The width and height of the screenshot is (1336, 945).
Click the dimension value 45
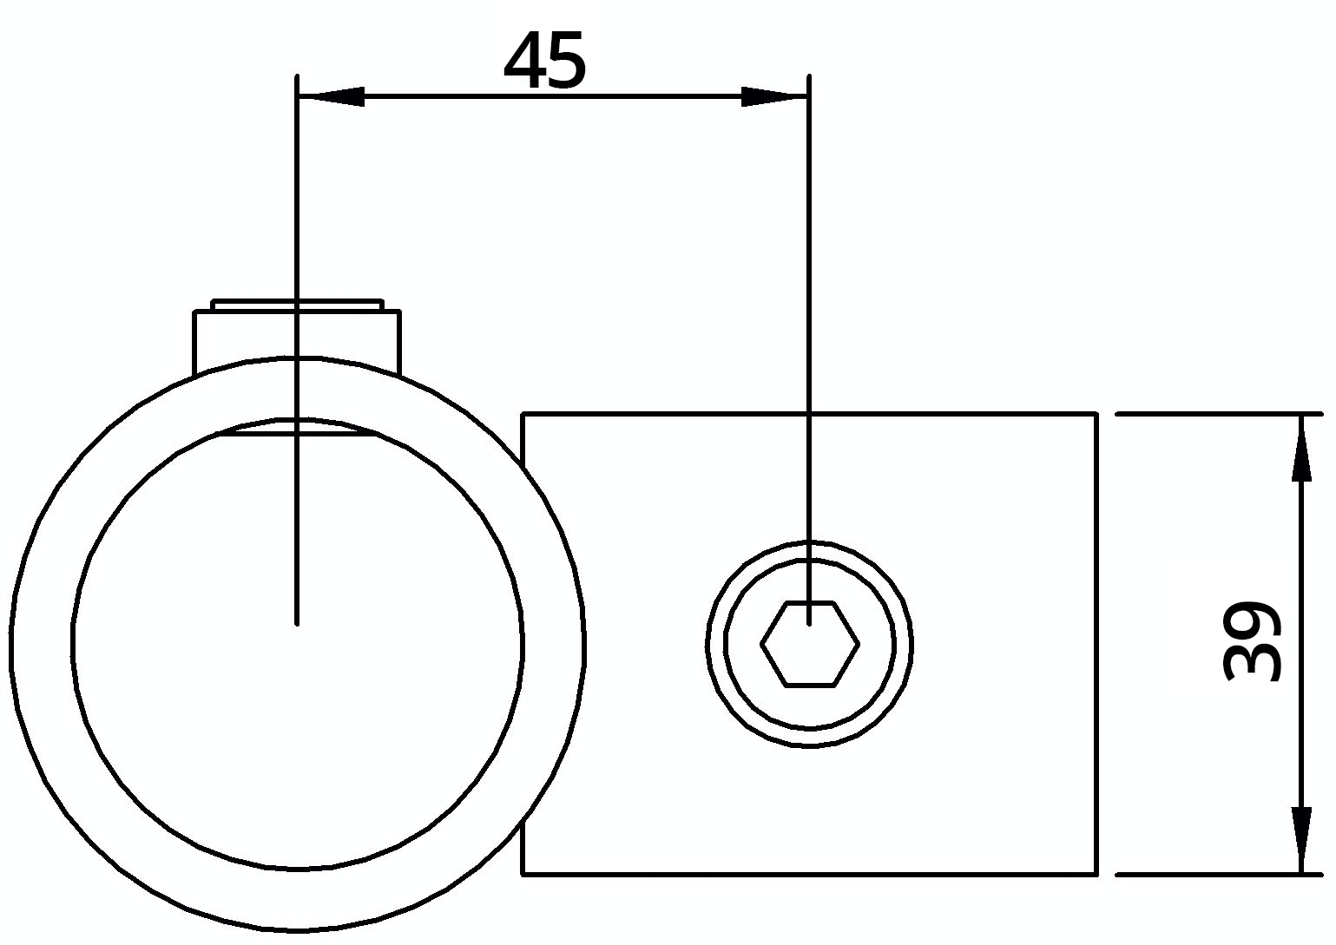tap(545, 62)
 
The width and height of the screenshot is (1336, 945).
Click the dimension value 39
tap(1252, 641)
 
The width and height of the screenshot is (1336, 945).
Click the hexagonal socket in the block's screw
tap(810, 645)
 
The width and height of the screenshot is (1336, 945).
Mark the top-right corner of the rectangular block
tap(1096, 415)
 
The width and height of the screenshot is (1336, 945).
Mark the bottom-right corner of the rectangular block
tap(1096, 873)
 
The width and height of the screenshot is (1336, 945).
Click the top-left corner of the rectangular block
tap(523, 415)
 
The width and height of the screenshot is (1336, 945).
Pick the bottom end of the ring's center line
tap(297, 621)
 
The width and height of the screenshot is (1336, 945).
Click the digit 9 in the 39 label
tap(1252, 620)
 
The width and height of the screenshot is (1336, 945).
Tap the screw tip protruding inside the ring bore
tap(297, 427)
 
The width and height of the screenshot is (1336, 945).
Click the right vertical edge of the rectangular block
tap(1096, 642)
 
